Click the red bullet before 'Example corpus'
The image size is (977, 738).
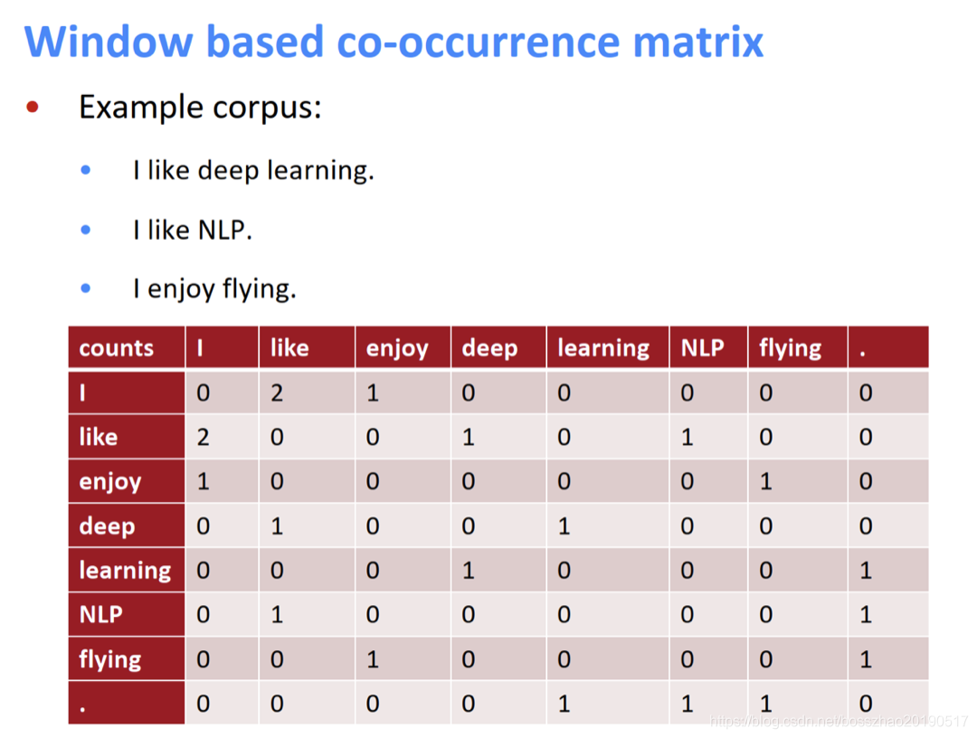33,108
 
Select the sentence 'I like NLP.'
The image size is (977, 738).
192,230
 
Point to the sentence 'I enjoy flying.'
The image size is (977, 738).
214,289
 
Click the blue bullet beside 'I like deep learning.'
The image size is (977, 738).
86,170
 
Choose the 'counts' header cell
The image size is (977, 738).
117,348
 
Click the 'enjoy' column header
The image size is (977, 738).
397,349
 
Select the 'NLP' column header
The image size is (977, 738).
702,348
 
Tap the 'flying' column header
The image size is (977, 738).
791,349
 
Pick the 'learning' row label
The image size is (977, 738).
125,571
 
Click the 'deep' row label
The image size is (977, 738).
107,526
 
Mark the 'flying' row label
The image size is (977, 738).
110,660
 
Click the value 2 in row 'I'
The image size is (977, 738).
277,393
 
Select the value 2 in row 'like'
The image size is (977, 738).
203,438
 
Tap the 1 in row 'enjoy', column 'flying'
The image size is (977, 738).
766,482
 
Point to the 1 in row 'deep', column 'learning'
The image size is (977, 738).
564,526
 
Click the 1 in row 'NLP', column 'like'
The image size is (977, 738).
277,615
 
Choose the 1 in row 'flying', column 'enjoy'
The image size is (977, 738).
373,659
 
